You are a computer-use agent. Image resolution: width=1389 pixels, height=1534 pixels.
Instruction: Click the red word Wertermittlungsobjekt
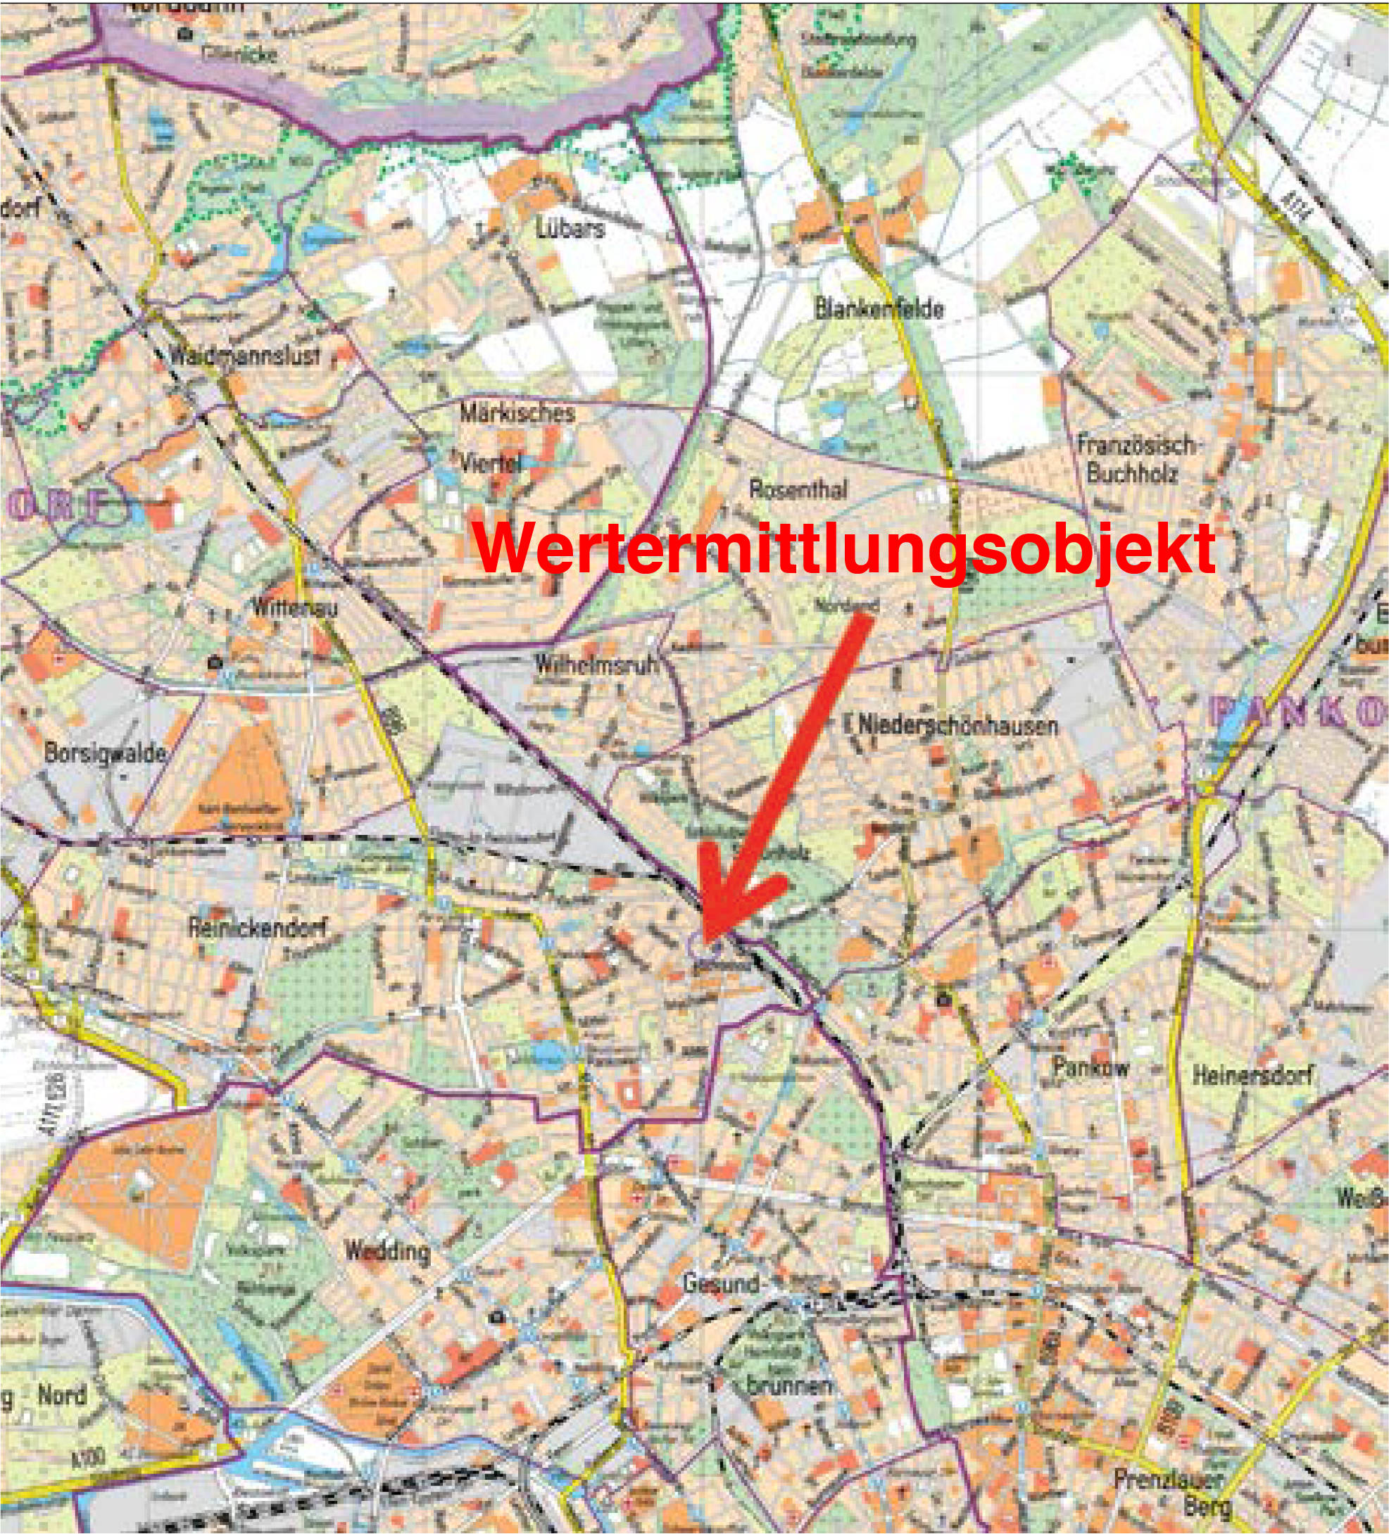click(843, 550)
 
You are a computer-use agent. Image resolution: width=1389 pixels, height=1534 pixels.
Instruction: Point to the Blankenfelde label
click(879, 309)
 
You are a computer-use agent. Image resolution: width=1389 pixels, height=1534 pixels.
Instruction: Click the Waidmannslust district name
click(245, 356)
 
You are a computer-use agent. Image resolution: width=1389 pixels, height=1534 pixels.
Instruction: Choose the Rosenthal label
click(798, 489)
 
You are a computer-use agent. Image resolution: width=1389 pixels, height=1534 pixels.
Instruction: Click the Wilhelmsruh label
click(596, 665)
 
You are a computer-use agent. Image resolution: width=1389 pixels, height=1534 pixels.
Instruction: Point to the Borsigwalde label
click(105, 754)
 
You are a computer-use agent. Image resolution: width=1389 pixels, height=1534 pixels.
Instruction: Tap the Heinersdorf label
click(1252, 1076)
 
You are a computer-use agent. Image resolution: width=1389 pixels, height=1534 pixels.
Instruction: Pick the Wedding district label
click(386, 1250)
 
